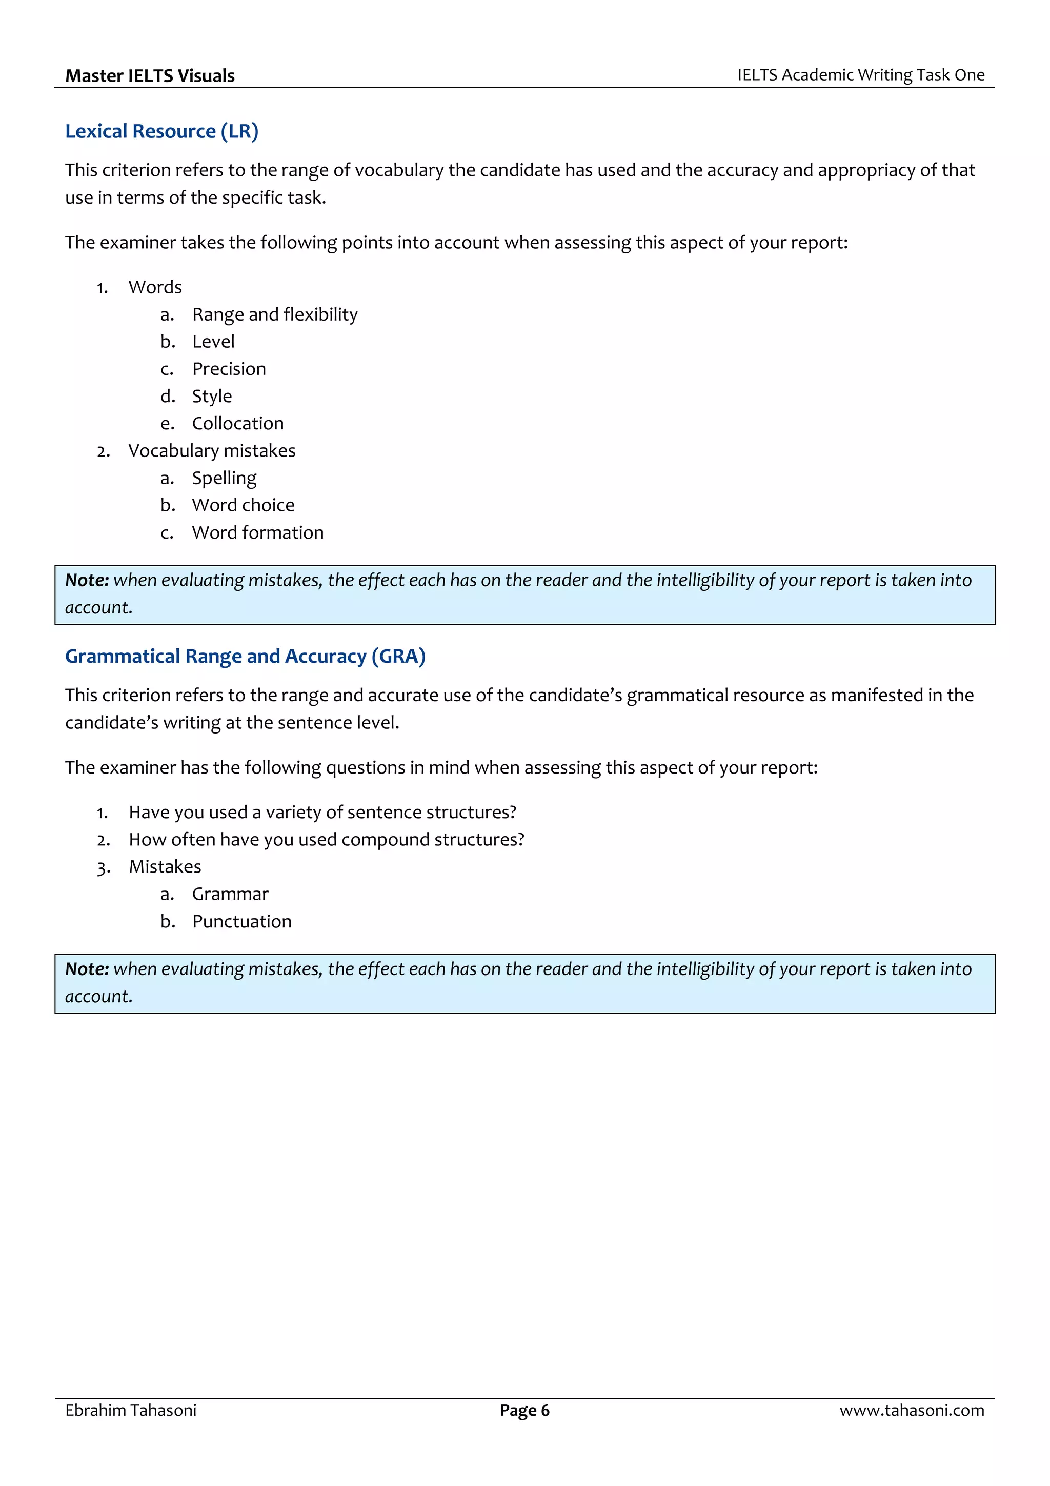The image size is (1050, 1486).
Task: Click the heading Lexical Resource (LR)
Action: pos(161,131)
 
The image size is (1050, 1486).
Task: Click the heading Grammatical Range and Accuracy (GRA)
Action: pos(245,656)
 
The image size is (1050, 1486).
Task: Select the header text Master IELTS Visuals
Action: pos(150,76)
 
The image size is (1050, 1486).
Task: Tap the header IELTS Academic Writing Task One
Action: pos(860,75)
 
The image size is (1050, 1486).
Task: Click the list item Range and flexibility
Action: pos(274,314)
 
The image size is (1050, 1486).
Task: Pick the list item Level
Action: pos(213,342)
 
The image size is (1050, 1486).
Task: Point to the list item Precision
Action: pos(229,369)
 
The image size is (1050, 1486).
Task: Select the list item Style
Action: pos(212,396)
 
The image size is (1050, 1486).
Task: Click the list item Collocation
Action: pos(237,423)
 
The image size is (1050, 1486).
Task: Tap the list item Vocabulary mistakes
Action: pos(212,450)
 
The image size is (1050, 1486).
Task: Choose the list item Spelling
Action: pos(224,478)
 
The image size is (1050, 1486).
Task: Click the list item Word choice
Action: pos(243,505)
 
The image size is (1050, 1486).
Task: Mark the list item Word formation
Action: pos(257,532)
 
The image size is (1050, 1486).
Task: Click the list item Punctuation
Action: pos(241,922)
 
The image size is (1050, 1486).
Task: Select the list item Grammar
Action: pos(230,895)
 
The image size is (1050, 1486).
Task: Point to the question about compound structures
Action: pos(326,840)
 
